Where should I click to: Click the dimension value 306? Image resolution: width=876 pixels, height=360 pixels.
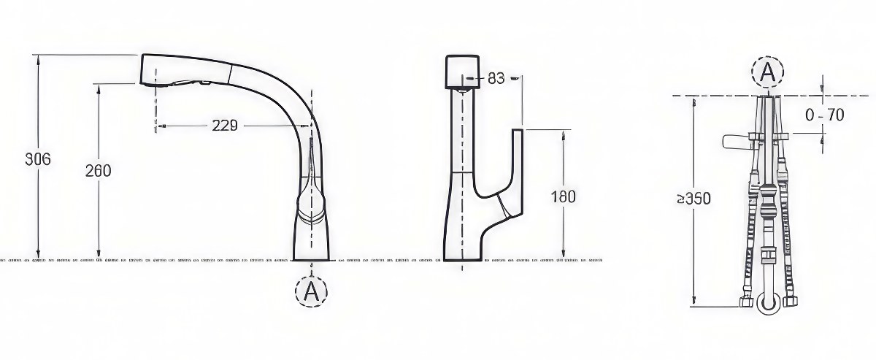(38, 159)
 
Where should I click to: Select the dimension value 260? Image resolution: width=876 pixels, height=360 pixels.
(98, 171)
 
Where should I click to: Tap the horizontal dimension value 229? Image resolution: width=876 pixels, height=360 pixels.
(225, 126)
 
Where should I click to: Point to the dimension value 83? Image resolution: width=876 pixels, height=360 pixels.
(496, 78)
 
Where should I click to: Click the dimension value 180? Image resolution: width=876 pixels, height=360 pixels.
(563, 197)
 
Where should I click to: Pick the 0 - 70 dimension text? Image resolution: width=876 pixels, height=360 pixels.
(825, 115)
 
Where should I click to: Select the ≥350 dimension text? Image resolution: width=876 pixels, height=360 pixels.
(693, 199)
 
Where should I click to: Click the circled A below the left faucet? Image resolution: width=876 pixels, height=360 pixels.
(311, 291)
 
